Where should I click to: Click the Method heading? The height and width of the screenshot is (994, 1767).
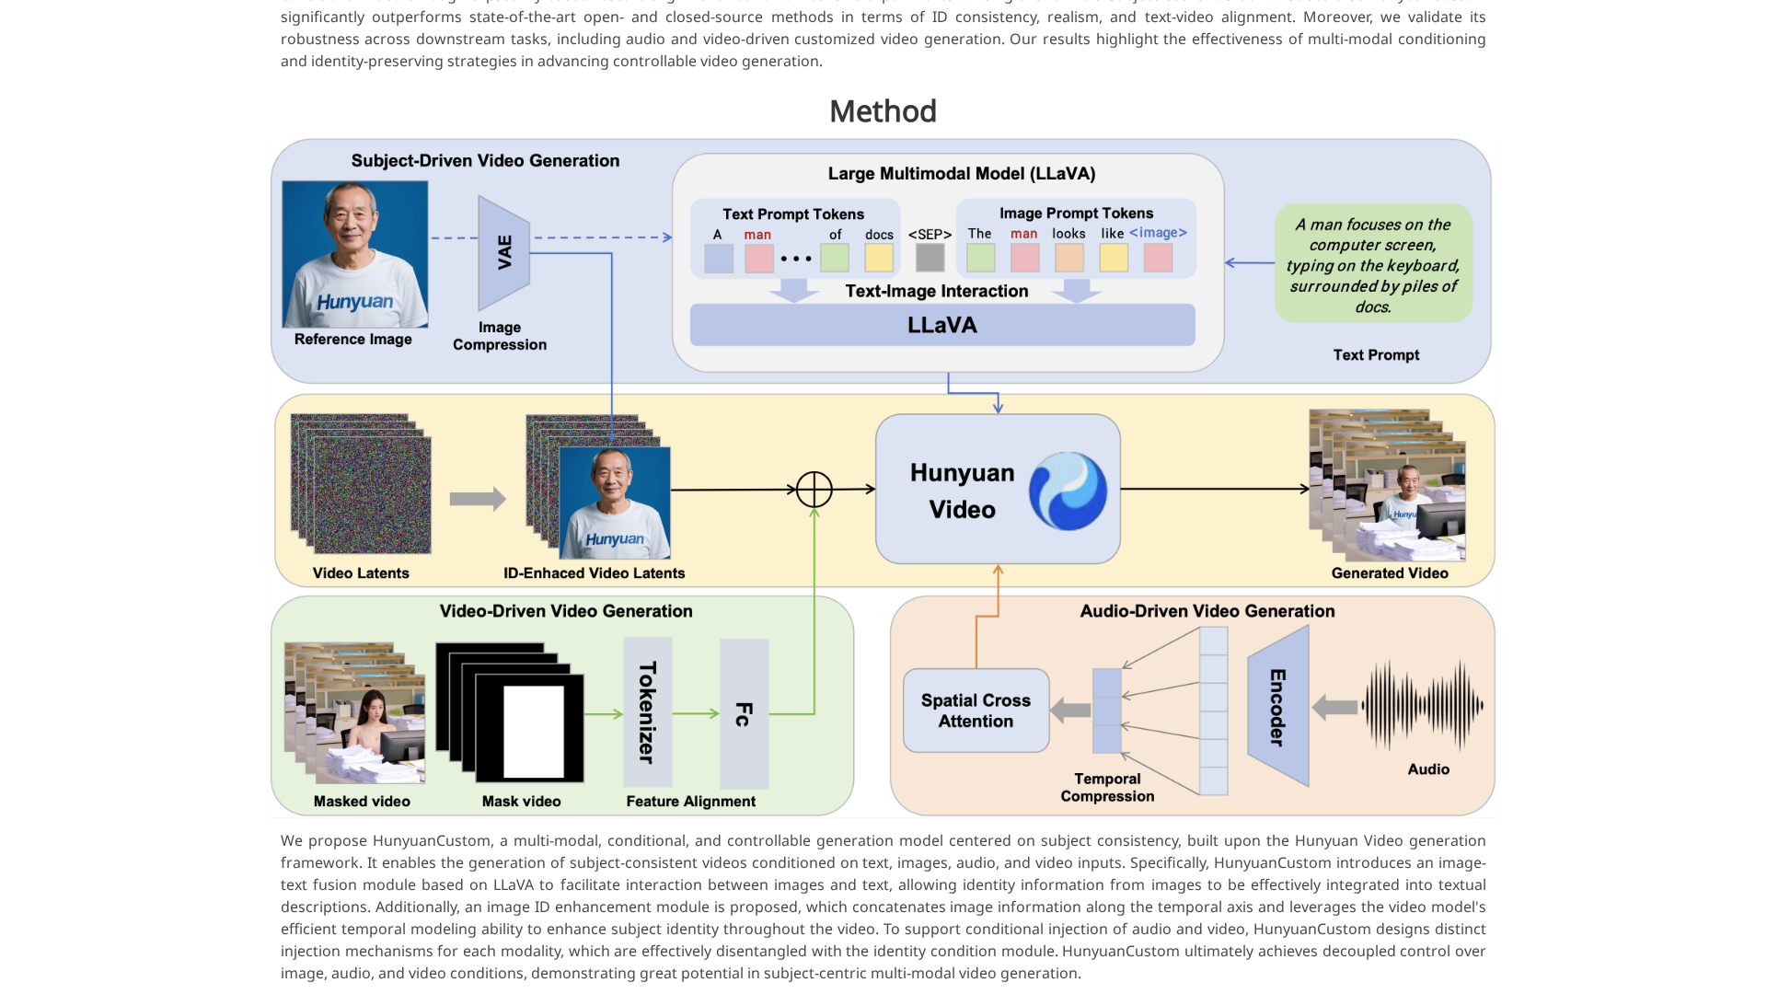click(x=883, y=111)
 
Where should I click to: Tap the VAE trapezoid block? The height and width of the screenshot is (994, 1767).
click(x=503, y=252)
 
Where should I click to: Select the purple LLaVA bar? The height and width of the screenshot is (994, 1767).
click(x=942, y=325)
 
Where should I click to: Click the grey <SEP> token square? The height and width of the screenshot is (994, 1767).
click(x=930, y=257)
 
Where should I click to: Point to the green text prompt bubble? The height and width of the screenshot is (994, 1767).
click(x=1373, y=264)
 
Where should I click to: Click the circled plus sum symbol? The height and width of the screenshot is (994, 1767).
click(x=814, y=490)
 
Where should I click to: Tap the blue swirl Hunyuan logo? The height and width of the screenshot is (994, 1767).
click(x=1068, y=491)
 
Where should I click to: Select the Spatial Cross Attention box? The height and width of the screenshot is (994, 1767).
click(x=976, y=711)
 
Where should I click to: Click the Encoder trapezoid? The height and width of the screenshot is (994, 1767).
click(x=1278, y=707)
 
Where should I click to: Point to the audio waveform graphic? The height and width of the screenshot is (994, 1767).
click(x=1423, y=706)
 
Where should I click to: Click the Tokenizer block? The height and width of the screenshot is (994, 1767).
click(x=647, y=711)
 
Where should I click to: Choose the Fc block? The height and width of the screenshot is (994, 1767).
click(x=744, y=713)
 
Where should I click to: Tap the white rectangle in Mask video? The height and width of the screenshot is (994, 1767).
click(x=533, y=732)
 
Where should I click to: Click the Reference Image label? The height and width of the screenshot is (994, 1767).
click(x=352, y=340)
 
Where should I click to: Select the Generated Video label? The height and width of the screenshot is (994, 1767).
click(x=1389, y=573)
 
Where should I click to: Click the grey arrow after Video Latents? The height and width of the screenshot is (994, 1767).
click(x=477, y=499)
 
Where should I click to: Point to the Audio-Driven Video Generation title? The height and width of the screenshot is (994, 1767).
click(x=1207, y=611)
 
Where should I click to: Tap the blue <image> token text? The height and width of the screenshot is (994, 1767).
click(x=1158, y=233)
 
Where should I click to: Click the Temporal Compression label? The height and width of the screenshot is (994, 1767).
click(x=1107, y=788)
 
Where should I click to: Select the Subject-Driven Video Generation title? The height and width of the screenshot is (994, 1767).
click(x=485, y=161)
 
